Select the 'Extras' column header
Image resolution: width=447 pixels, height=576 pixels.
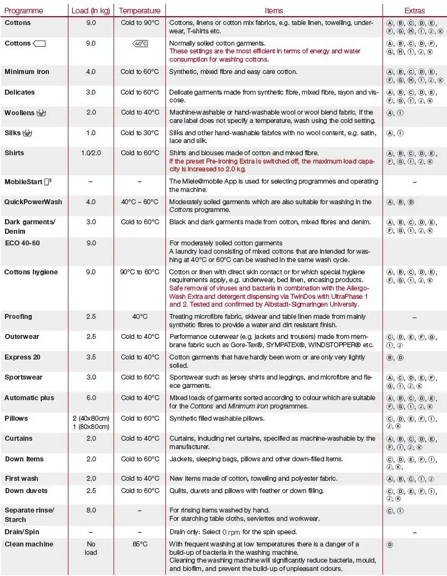click(414, 11)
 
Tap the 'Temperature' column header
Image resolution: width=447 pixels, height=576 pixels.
click(140, 11)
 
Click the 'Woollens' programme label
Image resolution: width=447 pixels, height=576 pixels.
click(19, 112)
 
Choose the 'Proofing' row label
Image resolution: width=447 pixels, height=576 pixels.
click(18, 317)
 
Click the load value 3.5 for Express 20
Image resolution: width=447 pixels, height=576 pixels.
click(91, 357)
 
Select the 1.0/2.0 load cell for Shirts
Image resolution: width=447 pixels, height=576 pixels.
click(91, 153)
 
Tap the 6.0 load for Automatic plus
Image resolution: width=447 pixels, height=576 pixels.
click(91, 398)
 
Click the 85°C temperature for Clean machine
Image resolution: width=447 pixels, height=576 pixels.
click(140, 544)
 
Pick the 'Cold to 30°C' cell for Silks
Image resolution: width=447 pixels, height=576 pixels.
click(140, 132)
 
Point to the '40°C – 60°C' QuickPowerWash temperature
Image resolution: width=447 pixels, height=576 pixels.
click(140, 202)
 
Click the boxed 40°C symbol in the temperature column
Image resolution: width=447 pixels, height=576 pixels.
click(140, 43)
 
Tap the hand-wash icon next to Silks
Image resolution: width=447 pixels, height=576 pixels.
click(28, 133)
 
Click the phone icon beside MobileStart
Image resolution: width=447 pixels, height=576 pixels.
click(47, 181)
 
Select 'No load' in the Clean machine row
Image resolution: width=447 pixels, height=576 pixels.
click(91, 548)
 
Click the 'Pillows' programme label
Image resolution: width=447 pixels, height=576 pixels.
click(16, 419)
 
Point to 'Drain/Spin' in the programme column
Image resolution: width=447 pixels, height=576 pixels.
click(22, 532)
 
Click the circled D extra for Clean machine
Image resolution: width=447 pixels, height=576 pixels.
click(390, 545)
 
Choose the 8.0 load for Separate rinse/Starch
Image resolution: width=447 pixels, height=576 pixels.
click(91, 510)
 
